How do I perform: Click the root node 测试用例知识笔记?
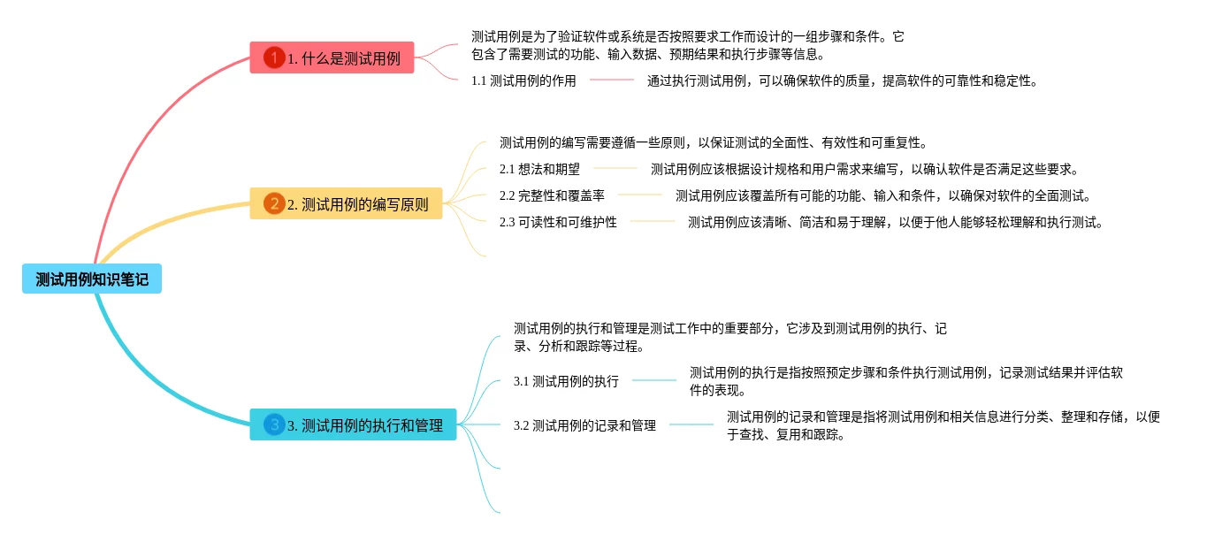click(92, 279)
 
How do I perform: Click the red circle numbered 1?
click(274, 58)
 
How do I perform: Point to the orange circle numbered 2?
click(274, 204)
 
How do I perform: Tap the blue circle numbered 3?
click(274, 425)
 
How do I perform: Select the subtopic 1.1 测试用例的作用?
click(523, 80)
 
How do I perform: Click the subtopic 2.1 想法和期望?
click(539, 169)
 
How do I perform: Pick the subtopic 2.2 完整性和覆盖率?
click(552, 195)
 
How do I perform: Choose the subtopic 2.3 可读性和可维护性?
click(558, 222)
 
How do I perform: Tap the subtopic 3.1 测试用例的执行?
click(566, 381)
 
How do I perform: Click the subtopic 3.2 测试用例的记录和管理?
click(584, 425)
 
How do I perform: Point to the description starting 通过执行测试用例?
click(842, 80)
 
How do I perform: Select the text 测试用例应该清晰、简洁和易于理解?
click(896, 222)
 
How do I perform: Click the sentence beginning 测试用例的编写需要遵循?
click(713, 142)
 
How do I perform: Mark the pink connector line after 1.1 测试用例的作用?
click(612, 80)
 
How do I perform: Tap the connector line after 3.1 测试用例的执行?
click(654, 381)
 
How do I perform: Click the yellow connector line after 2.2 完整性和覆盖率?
click(640, 195)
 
